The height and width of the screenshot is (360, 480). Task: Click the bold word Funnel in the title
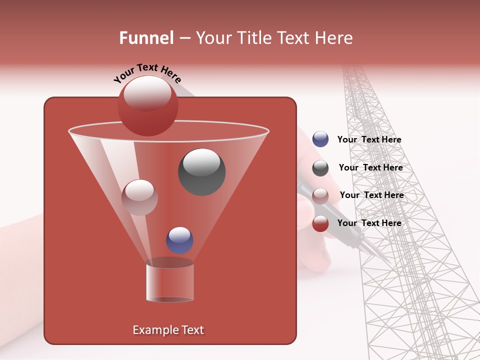(x=146, y=38)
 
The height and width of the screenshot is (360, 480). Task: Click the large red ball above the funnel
(x=147, y=106)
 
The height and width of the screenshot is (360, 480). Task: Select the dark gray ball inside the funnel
(x=201, y=172)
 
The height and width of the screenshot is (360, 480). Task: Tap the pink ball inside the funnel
(x=139, y=197)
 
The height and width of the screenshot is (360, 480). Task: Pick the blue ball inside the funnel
(x=179, y=240)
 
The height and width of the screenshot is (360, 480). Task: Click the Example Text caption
(x=168, y=330)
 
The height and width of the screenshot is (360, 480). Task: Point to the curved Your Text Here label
(x=147, y=72)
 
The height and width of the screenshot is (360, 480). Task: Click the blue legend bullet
(x=320, y=139)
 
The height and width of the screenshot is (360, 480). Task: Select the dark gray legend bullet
(x=320, y=168)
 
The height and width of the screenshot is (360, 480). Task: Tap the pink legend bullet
(x=320, y=196)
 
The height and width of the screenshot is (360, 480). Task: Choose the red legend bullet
(x=320, y=224)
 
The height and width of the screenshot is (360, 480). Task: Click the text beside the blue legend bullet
(x=369, y=140)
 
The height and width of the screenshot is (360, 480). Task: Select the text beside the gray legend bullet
(x=370, y=168)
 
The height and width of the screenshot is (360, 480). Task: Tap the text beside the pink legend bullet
(x=371, y=195)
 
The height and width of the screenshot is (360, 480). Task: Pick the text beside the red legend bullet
(x=369, y=223)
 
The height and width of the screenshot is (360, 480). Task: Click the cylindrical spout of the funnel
(x=169, y=282)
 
